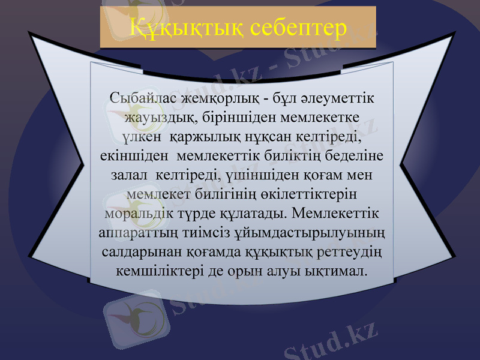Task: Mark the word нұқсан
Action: [x=269, y=136]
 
